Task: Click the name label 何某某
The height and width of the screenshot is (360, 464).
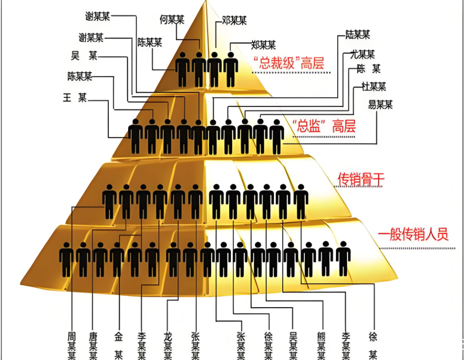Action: [x=172, y=20]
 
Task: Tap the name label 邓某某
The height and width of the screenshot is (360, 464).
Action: [x=234, y=20]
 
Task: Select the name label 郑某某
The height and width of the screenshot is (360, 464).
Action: [x=263, y=45]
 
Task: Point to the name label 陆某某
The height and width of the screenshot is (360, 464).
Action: [x=358, y=34]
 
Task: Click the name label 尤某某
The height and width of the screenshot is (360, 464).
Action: [x=362, y=55]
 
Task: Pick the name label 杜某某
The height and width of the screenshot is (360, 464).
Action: [x=374, y=86]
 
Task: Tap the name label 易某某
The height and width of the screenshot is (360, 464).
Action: [x=380, y=105]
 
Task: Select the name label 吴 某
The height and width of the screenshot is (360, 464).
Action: [x=84, y=56]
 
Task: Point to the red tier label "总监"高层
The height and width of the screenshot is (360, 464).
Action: [x=324, y=126]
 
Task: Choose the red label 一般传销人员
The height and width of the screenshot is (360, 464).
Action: [x=413, y=235]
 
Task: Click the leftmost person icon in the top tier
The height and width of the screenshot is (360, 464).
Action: [x=182, y=69]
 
